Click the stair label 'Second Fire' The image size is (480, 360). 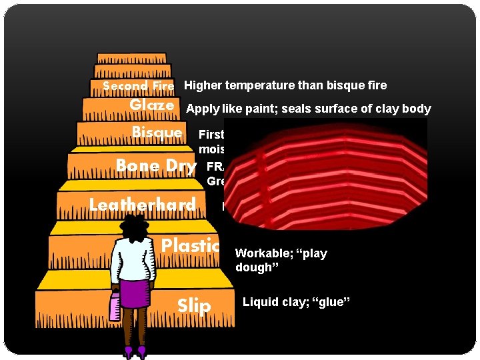click(138, 86)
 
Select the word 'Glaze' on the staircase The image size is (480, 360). click(152, 105)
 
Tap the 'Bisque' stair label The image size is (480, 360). click(157, 132)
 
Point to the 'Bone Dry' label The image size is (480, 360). click(156, 166)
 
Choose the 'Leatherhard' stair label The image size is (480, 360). click(143, 205)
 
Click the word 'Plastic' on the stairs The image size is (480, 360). click(191, 245)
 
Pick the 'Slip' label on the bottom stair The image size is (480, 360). click(194, 306)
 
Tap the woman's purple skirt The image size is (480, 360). click(135, 293)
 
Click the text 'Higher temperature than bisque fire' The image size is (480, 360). click(285, 85)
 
